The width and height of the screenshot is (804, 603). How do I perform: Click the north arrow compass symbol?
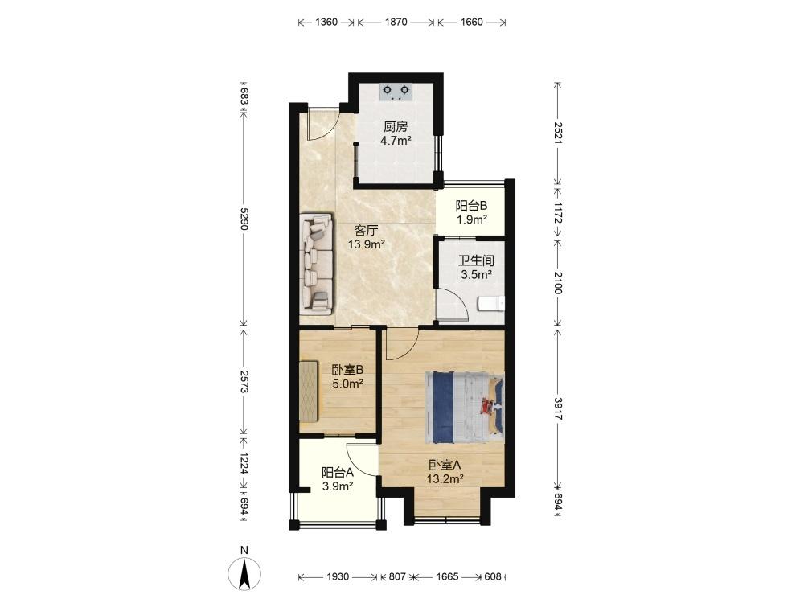[244, 572]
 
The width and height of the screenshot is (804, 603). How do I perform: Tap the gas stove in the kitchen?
[396, 92]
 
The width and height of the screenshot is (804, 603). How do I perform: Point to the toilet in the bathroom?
[490, 305]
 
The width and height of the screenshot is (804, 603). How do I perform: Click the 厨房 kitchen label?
[396, 127]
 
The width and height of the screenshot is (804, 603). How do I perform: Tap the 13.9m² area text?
[367, 244]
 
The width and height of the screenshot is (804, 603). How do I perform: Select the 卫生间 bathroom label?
[476, 260]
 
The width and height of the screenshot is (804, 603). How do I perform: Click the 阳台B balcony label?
[472, 206]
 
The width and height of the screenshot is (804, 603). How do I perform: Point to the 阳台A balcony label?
[338, 472]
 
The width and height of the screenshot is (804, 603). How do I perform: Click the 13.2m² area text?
[445, 479]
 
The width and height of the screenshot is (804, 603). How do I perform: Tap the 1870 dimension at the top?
[396, 22]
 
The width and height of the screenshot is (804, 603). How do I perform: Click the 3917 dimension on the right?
[559, 408]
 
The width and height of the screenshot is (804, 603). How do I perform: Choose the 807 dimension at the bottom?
[397, 576]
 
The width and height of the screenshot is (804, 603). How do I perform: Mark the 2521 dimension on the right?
[559, 133]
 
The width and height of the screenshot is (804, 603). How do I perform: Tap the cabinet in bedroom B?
[310, 392]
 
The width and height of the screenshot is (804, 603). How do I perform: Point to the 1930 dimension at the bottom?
[338, 576]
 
